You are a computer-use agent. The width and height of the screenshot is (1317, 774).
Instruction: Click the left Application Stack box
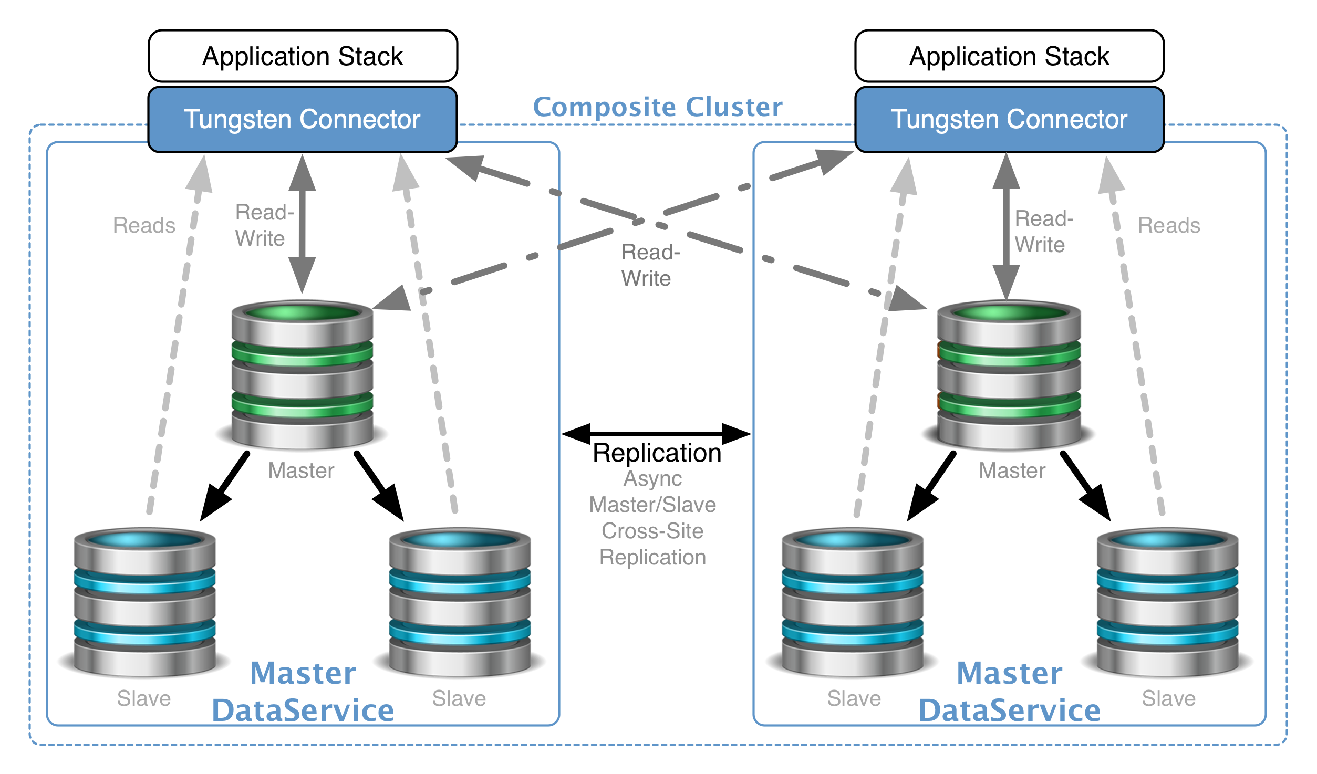click(303, 56)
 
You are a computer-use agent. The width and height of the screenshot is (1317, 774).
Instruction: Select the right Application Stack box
click(1009, 56)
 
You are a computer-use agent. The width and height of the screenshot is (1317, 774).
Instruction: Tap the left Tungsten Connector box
click(303, 120)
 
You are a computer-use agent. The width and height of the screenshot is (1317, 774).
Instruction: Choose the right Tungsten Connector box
click(1009, 120)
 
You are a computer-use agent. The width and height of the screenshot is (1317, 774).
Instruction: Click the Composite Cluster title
click(658, 107)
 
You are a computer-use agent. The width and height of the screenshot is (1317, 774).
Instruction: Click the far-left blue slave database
click(144, 603)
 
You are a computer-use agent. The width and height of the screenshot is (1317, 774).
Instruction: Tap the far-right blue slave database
click(1167, 603)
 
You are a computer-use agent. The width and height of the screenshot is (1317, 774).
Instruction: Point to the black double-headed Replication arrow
click(656, 434)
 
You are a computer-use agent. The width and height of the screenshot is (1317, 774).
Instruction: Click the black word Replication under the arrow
click(657, 453)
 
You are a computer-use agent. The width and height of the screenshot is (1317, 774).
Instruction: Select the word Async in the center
click(652, 478)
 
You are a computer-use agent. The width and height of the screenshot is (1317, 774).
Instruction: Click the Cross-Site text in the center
click(652, 531)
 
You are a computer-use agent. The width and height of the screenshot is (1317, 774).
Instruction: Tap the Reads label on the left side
click(144, 225)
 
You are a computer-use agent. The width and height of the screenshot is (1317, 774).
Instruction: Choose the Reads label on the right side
click(1169, 225)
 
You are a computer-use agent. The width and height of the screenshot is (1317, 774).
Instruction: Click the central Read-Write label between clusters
click(650, 265)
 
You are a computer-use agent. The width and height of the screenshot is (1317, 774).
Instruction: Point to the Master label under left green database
click(301, 470)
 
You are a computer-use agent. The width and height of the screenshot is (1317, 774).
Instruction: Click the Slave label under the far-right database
click(1169, 698)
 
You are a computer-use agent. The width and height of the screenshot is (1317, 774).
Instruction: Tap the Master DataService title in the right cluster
click(1009, 692)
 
